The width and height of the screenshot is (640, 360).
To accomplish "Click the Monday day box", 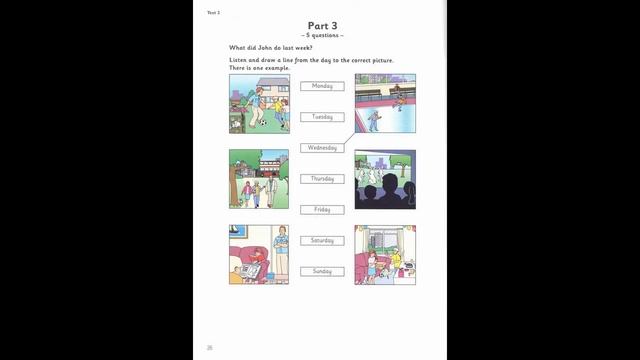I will (x=322, y=86).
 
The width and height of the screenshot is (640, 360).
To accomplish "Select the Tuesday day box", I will (x=322, y=117).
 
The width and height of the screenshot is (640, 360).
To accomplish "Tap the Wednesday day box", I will (x=322, y=148).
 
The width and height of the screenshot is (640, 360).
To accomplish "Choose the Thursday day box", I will (x=322, y=179).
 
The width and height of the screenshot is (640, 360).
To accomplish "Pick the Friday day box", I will (x=322, y=210).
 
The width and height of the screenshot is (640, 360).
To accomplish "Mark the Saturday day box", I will (x=322, y=241).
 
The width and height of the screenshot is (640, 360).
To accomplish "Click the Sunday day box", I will (x=322, y=271).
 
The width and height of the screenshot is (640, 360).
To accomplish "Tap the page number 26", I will (x=210, y=347).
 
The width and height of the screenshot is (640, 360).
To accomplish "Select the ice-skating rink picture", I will (x=385, y=104).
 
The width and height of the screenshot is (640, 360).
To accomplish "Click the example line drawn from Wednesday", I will (x=349, y=141).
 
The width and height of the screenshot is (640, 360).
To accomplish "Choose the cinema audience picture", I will (x=385, y=179).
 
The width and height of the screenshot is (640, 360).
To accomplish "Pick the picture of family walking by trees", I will (x=259, y=179).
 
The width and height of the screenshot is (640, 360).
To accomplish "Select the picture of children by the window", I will (x=385, y=255).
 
